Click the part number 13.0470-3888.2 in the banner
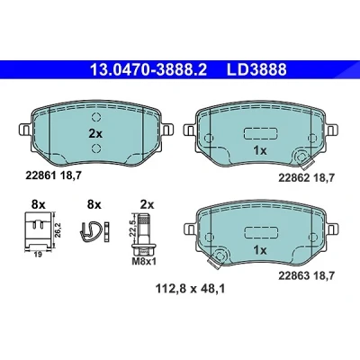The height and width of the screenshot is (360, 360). pyautogui.click(x=148, y=70)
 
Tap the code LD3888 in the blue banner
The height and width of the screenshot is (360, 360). pyautogui.click(x=256, y=70)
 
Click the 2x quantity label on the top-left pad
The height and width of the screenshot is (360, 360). pyautogui.click(x=95, y=134)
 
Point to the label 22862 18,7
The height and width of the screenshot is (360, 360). pyautogui.click(x=306, y=178)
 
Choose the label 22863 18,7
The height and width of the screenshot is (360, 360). pyautogui.click(x=306, y=275)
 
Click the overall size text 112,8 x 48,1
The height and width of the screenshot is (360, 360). pyautogui.click(x=190, y=289)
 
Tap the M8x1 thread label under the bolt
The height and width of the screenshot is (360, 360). pyautogui.click(x=144, y=262)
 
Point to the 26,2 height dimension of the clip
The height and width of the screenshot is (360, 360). pyautogui.click(x=58, y=230)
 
